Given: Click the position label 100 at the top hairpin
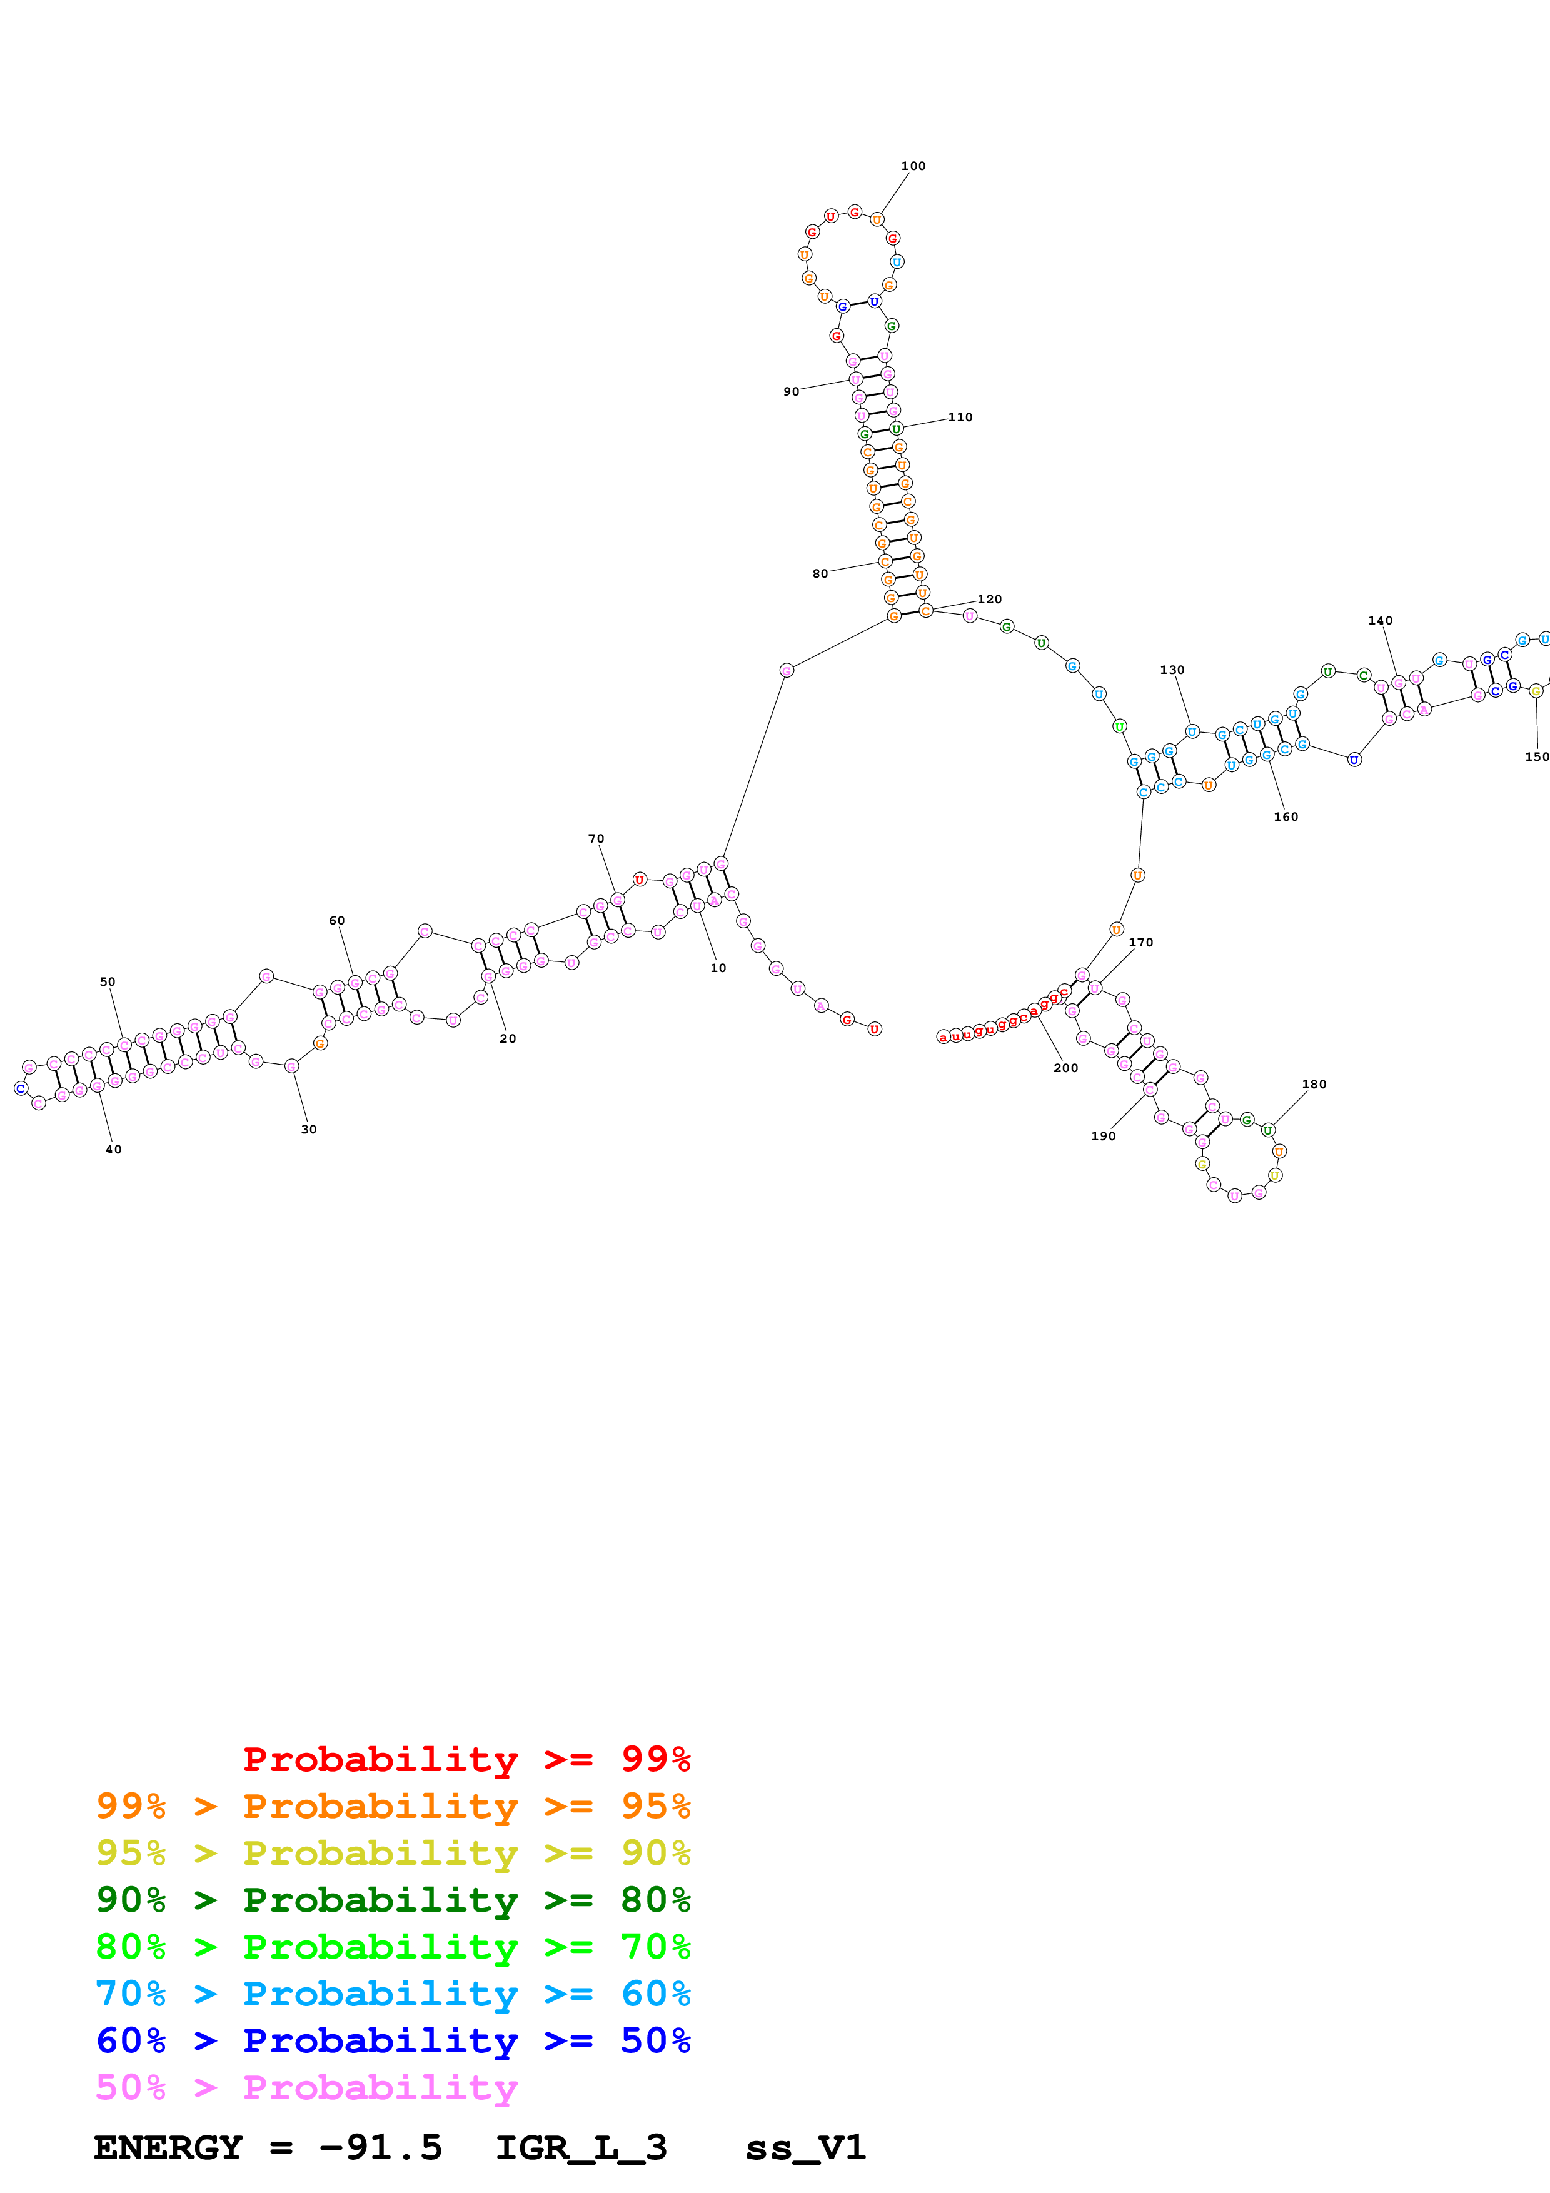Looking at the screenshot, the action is [x=912, y=166].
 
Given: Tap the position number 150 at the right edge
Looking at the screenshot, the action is [x=1536, y=756].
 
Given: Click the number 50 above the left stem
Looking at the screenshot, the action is [x=108, y=982].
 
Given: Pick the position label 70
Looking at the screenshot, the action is [x=596, y=838].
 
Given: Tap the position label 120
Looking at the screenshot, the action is [x=989, y=599].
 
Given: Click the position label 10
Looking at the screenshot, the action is [x=718, y=968].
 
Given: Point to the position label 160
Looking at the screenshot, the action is [x=1286, y=816].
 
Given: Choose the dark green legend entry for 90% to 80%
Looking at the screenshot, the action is [x=393, y=1900].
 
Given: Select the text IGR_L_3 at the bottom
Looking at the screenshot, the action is [x=581, y=2147].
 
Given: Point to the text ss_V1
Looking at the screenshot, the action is [x=805, y=2147].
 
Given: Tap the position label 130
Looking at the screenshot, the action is [x=1172, y=670].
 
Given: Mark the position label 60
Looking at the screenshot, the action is [x=337, y=921].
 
